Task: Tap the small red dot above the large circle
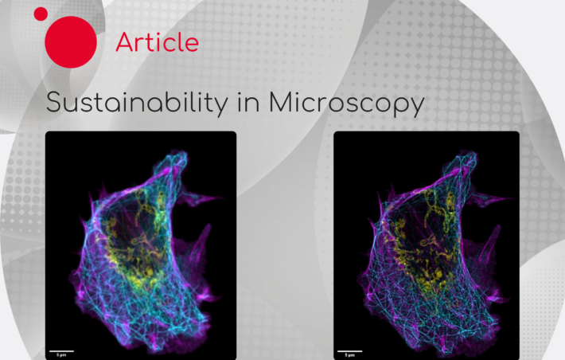[x=41, y=13]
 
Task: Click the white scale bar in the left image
[x=62, y=349]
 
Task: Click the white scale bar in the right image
[x=350, y=349]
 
